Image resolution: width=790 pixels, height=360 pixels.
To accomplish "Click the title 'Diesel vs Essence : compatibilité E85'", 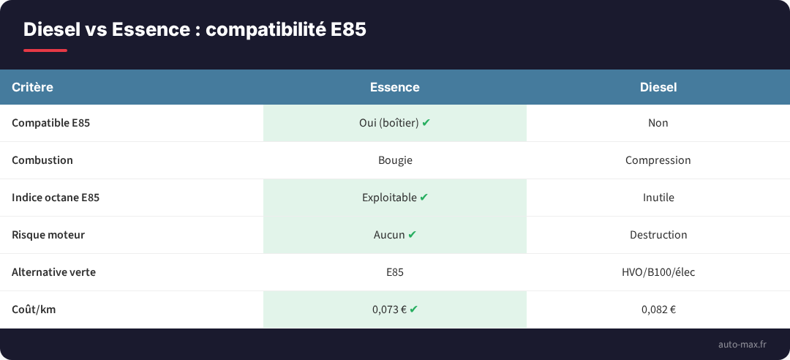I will [195, 30].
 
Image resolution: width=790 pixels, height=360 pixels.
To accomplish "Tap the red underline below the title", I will [45, 50].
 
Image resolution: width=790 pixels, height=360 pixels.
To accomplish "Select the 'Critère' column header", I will [32, 87].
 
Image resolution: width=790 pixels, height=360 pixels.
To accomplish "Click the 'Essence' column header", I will [395, 87].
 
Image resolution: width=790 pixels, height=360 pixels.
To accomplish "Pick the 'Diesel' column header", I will [658, 87].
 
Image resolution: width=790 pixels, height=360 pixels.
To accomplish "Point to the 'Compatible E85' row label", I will [50, 123].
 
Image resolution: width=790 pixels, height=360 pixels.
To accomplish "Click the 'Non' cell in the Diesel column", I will [658, 123].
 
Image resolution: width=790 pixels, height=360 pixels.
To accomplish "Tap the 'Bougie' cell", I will [395, 160].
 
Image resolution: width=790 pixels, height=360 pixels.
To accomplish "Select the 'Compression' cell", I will [658, 160].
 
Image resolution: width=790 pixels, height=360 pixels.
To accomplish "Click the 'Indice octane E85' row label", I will [56, 198].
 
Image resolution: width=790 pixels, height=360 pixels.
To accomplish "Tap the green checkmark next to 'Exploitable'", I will [424, 198].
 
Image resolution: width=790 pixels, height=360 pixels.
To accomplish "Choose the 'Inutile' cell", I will [658, 198].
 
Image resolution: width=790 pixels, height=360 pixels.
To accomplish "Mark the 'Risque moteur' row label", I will [48, 235].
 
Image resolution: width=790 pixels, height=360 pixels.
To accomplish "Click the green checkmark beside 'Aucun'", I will [413, 235].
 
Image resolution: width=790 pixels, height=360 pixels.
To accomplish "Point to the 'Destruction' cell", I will [658, 235].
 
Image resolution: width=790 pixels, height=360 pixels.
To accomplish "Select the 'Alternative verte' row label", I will [53, 272].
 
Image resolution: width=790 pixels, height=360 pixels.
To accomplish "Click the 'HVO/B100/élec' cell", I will [658, 272].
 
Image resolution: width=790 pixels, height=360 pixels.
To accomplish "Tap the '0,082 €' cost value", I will [658, 310].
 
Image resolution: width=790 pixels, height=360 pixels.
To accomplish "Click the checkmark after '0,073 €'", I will [414, 310].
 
